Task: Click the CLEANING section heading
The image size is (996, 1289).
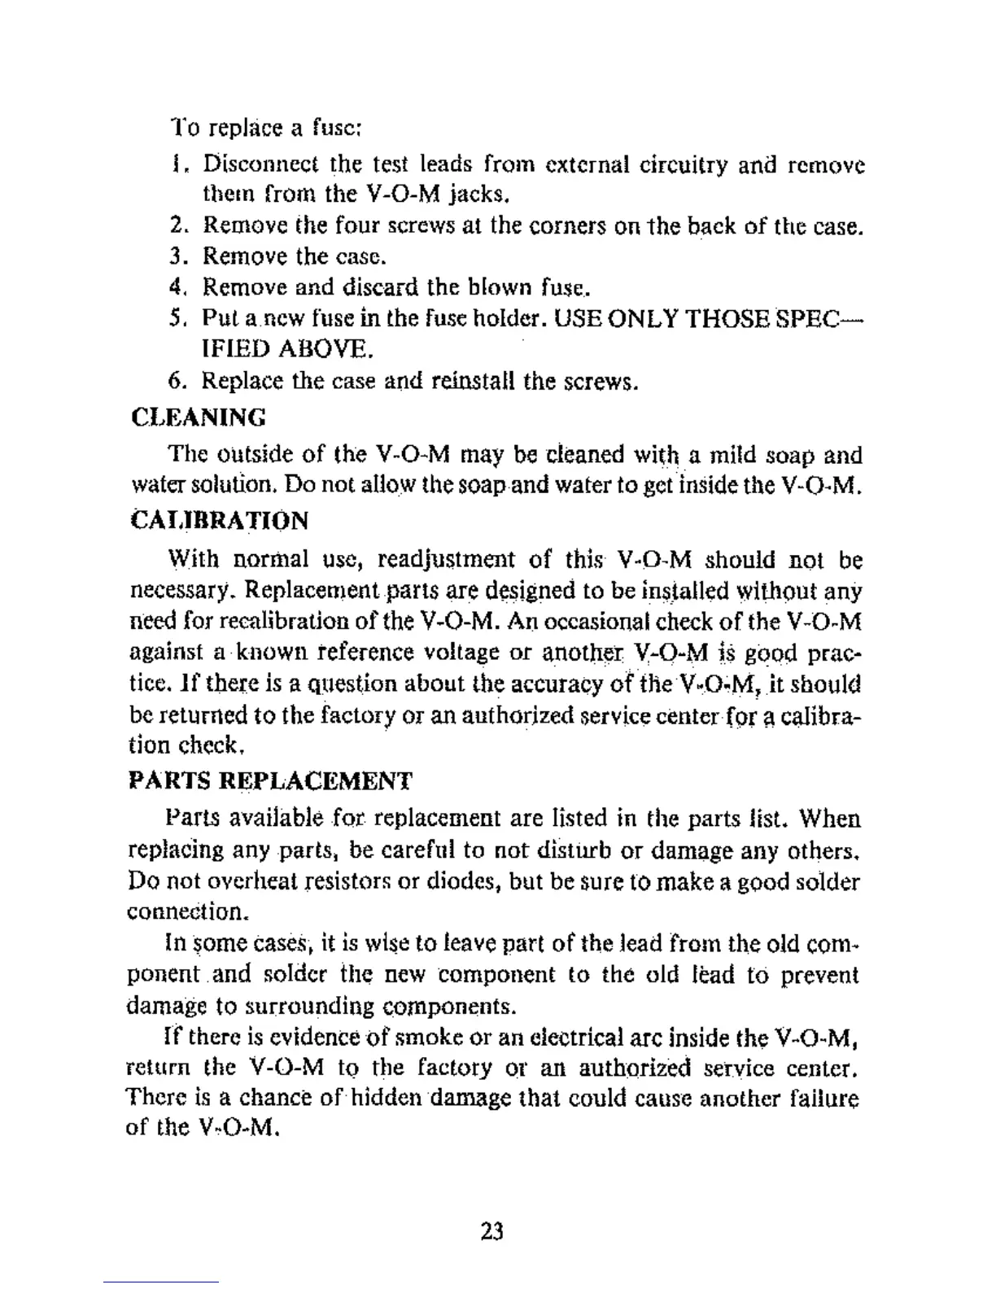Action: (199, 417)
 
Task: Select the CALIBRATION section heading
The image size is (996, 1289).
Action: (220, 520)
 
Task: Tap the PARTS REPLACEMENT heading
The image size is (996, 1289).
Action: (271, 781)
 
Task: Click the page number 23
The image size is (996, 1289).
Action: (492, 1231)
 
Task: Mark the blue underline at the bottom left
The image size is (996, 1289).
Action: (160, 1282)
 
